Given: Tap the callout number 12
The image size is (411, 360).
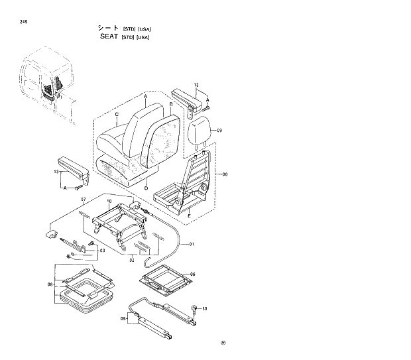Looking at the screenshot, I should pos(196,86).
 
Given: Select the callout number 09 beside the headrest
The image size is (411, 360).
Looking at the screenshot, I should pos(219,131).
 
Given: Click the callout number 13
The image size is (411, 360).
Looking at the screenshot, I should pos(55,172).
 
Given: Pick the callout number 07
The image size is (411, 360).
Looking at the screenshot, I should pos(84,200).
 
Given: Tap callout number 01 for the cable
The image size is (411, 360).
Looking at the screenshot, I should pos(192,245).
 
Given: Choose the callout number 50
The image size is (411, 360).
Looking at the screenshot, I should pos(205,309).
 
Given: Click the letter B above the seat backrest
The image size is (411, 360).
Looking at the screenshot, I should pos(170,104).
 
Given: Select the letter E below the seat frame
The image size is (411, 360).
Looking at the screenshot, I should pos(190,215).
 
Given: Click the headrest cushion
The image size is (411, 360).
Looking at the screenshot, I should pos(200,131).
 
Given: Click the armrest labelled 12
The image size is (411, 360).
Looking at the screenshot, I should pos(187,97).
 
